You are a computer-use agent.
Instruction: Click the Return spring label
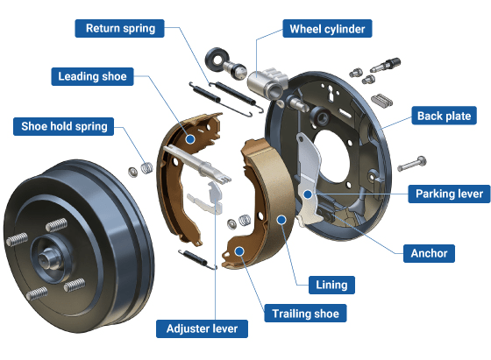click(119, 28)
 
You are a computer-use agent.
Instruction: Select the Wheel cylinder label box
click(327, 29)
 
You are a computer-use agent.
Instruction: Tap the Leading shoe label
click(92, 76)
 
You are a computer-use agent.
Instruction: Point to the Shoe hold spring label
click(63, 126)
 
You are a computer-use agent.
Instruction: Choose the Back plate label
click(444, 116)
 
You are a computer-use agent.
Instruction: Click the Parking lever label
click(449, 194)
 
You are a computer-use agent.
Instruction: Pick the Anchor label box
click(429, 253)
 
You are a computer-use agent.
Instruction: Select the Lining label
click(331, 285)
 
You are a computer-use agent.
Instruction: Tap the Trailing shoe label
click(305, 313)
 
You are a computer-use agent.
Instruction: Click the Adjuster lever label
click(202, 328)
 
